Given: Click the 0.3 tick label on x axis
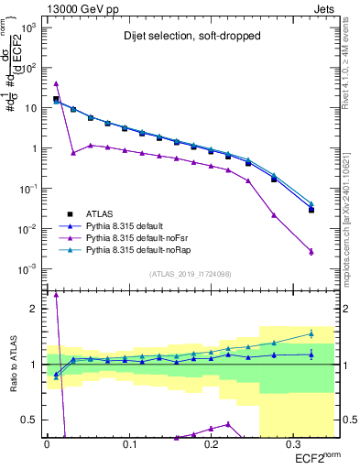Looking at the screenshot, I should click(x=291, y=444).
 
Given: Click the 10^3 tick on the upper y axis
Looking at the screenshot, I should click(x=29, y=27).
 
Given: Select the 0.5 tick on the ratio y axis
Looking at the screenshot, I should click(x=31, y=420).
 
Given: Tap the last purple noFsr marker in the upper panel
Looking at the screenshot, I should click(x=311, y=252).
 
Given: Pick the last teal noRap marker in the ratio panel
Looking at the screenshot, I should click(x=311, y=333).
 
